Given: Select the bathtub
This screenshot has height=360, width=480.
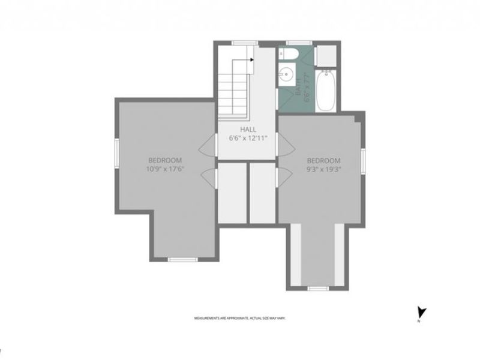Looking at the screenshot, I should click(x=326, y=91).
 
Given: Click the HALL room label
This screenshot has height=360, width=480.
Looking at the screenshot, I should click(x=248, y=129).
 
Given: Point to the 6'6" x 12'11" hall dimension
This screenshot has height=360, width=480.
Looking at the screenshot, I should click(x=248, y=138).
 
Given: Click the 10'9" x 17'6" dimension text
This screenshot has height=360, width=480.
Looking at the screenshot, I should click(x=165, y=169).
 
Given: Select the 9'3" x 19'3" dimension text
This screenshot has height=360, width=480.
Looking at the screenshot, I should click(x=323, y=169).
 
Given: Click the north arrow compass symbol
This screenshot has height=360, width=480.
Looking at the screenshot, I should click(x=421, y=312).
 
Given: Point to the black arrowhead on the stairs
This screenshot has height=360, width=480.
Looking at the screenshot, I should click(x=251, y=59).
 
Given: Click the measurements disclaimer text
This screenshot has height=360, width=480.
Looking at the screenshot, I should click(x=239, y=318).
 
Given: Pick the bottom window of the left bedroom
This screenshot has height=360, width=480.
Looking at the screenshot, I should click(x=182, y=259).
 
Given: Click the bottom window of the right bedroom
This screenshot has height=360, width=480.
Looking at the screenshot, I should click(x=318, y=289).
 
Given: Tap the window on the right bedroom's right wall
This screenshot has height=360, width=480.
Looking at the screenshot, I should click(x=363, y=161).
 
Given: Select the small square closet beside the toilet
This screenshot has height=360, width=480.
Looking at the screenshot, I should click(x=327, y=55).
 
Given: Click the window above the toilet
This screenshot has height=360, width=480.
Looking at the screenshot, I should click(x=299, y=43).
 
